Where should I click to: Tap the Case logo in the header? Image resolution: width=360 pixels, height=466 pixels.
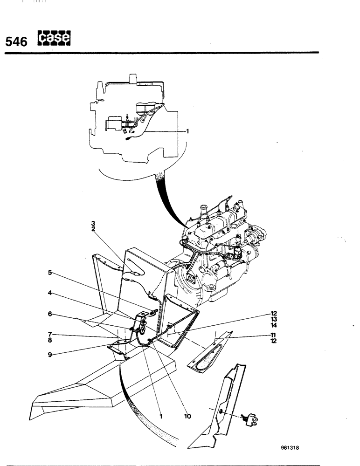pyautogui.click(x=54, y=40)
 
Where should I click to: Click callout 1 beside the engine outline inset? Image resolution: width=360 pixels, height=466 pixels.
pyautogui.click(x=187, y=131)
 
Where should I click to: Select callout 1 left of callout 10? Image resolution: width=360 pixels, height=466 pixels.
pyautogui.click(x=160, y=416)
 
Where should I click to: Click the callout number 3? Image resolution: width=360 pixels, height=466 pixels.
pyautogui.click(x=93, y=224)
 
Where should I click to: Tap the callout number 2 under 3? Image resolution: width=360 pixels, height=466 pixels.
pyautogui.click(x=93, y=229)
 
